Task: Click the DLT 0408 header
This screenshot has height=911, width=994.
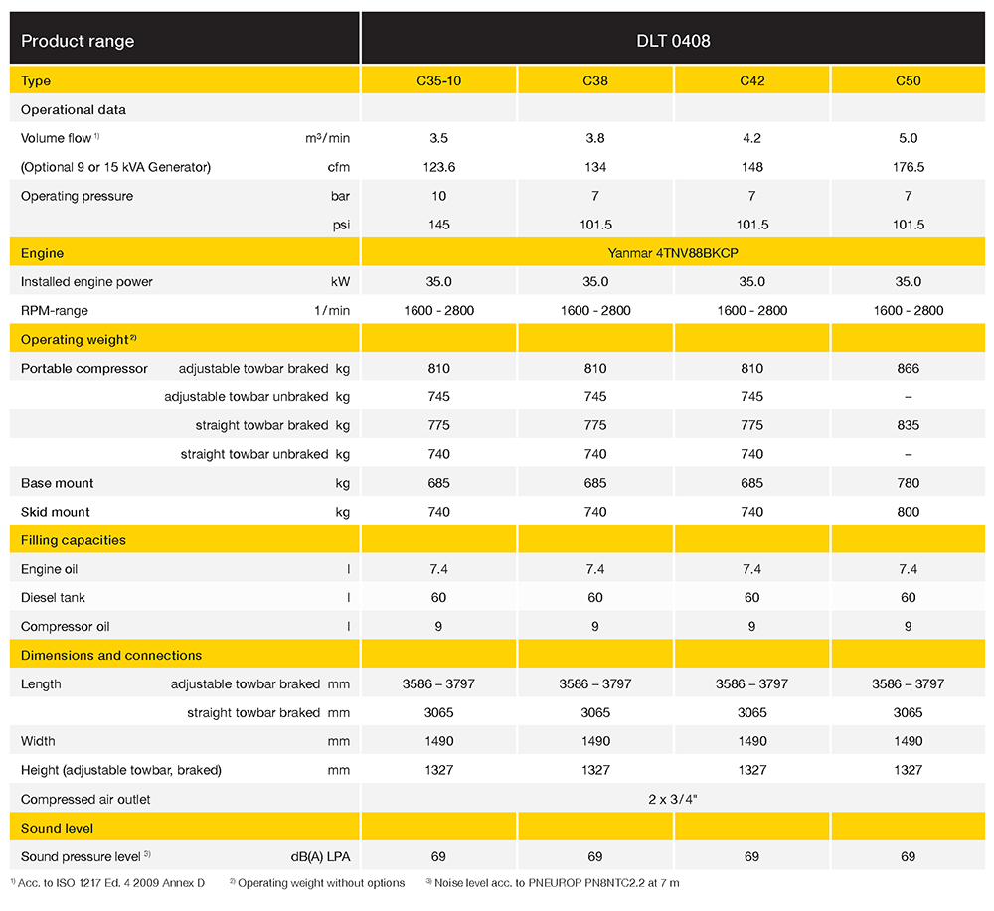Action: click(x=673, y=41)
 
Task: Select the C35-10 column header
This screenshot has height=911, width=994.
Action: click(x=438, y=80)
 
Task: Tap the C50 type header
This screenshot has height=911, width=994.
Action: click(x=908, y=80)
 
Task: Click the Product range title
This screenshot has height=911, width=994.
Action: click(x=78, y=41)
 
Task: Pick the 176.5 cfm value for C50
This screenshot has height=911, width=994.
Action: click(x=908, y=167)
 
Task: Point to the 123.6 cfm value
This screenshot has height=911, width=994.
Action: click(x=438, y=167)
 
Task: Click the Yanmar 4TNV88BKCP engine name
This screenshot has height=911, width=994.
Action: click(x=673, y=253)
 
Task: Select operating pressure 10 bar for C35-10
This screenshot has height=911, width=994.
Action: click(x=438, y=196)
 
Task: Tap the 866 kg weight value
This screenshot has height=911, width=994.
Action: click(x=908, y=368)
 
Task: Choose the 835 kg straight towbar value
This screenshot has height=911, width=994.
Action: click(x=908, y=425)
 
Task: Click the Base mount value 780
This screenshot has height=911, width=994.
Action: click(x=908, y=483)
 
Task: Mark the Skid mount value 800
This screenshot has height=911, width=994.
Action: click(x=908, y=512)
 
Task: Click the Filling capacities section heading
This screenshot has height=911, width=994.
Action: click(x=74, y=540)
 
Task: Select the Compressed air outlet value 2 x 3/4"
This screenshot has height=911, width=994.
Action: click(x=673, y=799)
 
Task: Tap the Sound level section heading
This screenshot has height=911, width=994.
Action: click(x=57, y=828)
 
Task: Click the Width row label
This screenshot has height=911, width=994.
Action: click(x=38, y=741)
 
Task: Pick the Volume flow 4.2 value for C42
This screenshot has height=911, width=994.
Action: click(x=751, y=138)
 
